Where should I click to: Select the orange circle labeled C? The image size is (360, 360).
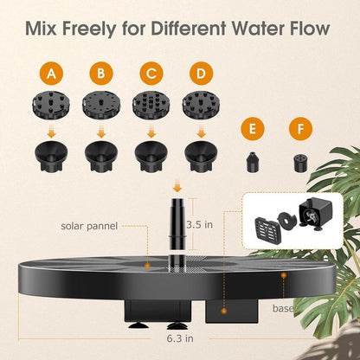(x=152, y=73)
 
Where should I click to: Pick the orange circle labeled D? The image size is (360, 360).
(x=202, y=73)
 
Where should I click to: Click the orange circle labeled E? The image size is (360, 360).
(x=252, y=130)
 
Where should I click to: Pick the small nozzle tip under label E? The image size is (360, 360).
(x=252, y=161)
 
